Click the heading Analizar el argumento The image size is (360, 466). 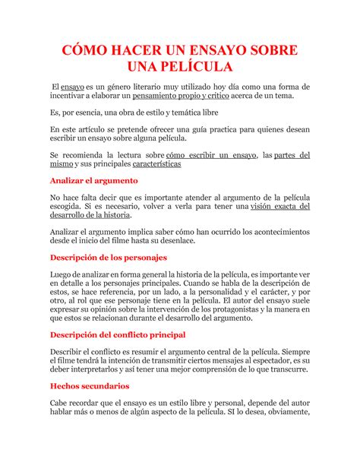(93, 181)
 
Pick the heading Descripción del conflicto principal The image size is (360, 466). (118, 334)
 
